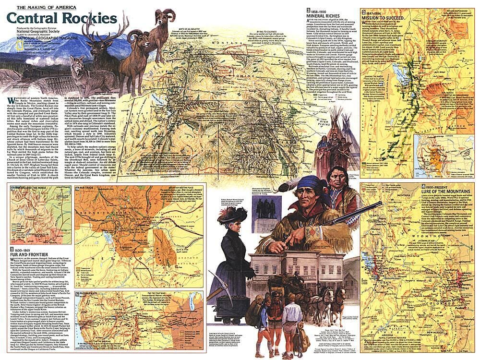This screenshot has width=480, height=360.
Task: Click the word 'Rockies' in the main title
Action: (x=91, y=19)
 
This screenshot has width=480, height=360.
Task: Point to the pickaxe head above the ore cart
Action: (x=216, y=289)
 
